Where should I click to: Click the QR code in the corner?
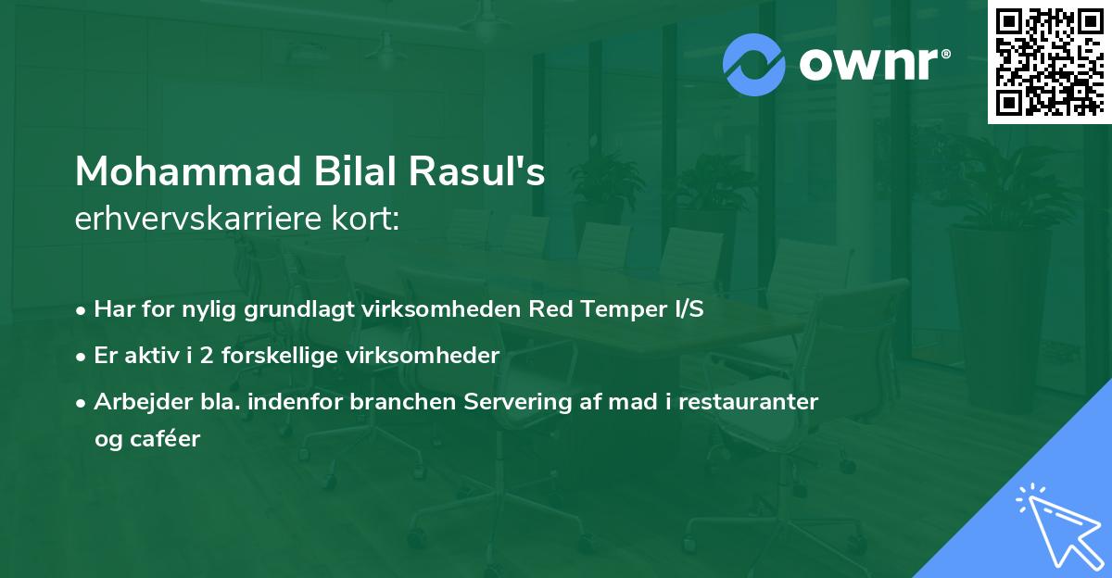pos(1050,61)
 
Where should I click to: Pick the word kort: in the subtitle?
pos(367,219)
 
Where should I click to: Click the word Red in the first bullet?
pos(550,309)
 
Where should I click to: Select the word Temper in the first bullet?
pos(615,309)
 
